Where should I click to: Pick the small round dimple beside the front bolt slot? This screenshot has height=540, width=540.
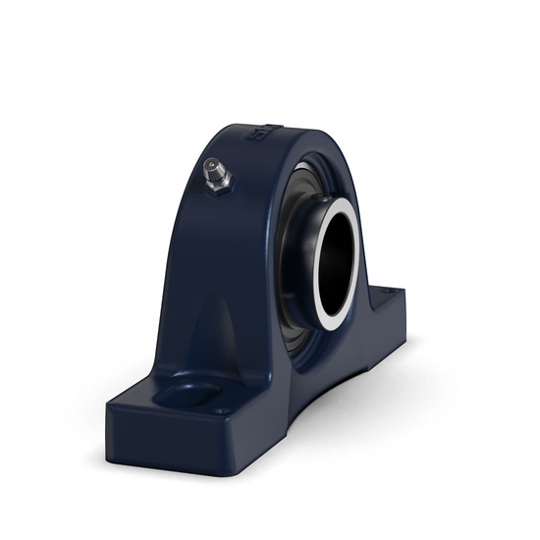[x=225, y=410]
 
